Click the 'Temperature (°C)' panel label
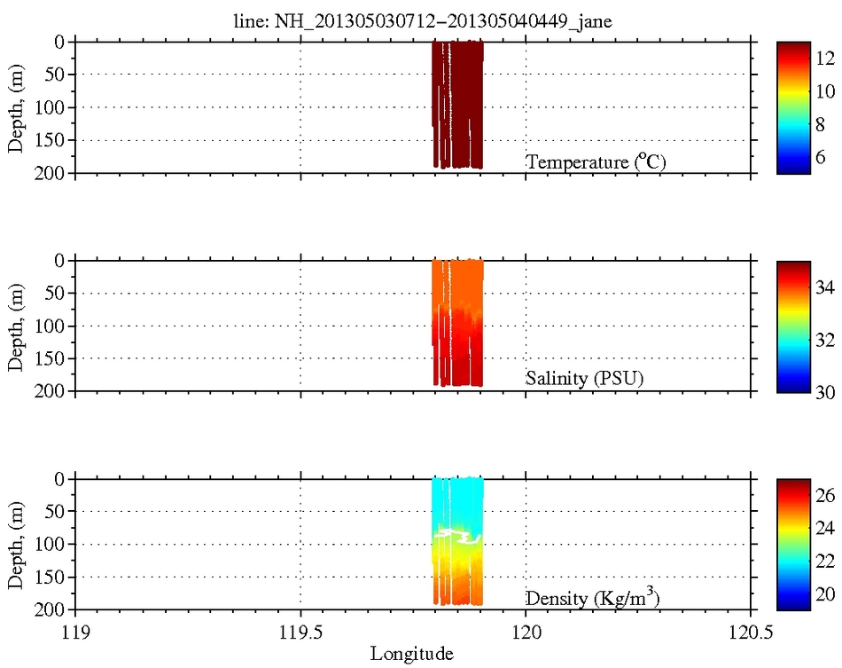pyautogui.click(x=596, y=161)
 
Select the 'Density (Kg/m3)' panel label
pyautogui.click(x=592, y=597)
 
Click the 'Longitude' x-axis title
pyautogui.click(x=412, y=655)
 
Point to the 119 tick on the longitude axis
pyautogui.click(x=75, y=633)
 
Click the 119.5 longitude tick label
pyautogui.click(x=300, y=633)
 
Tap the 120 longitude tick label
pyautogui.click(x=526, y=633)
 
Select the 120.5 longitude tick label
pyautogui.click(x=752, y=633)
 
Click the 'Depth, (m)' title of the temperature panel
pyautogui.click(x=16, y=107)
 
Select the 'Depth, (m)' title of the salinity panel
pyautogui.click(x=16, y=326)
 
